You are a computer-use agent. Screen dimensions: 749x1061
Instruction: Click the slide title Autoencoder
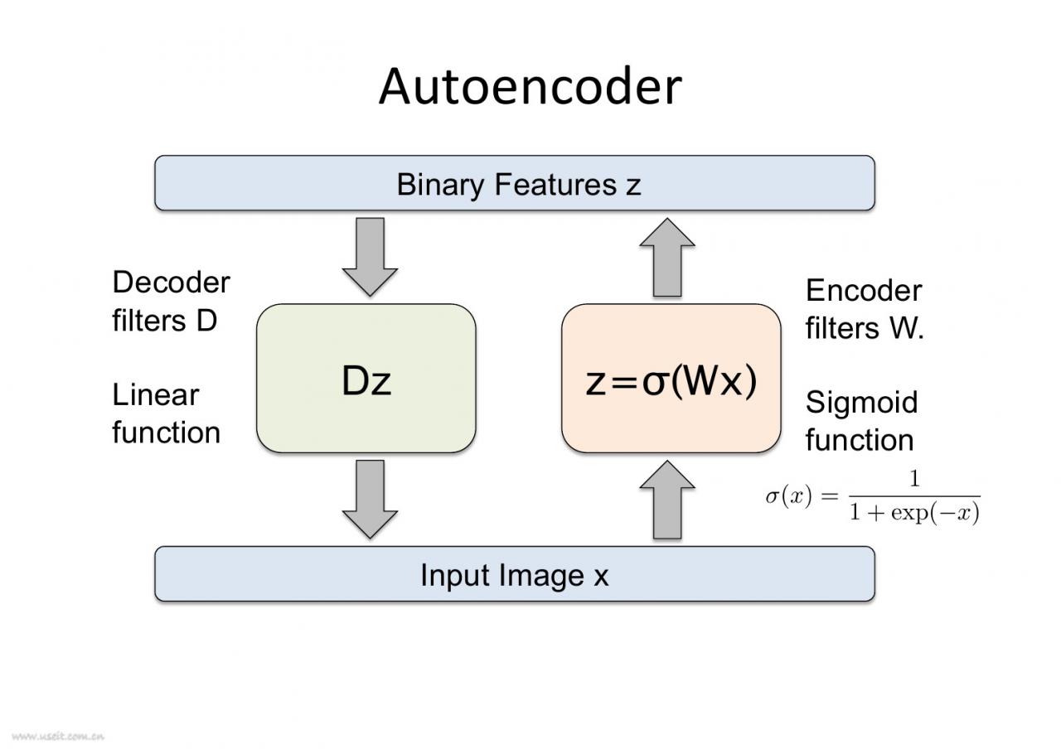(x=530, y=86)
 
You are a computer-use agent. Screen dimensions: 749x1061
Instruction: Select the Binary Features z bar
(x=514, y=183)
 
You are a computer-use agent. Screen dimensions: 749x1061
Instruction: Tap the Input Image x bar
(x=514, y=574)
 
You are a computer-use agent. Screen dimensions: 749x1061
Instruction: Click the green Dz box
(x=366, y=379)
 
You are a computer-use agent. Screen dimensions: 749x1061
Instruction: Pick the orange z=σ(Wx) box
(x=671, y=379)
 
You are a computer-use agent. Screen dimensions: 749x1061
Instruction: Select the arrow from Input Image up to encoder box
(x=667, y=500)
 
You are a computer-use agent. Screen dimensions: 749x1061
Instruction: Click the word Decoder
(x=171, y=283)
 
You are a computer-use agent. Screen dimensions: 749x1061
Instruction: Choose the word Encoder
(x=863, y=291)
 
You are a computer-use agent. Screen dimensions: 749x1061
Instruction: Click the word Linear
(x=155, y=395)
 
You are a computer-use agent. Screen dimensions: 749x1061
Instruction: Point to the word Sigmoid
(x=861, y=403)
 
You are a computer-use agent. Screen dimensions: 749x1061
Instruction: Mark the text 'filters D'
(x=164, y=321)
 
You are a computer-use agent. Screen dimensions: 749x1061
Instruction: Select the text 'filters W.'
(x=864, y=329)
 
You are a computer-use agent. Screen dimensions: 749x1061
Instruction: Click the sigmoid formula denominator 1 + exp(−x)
(x=913, y=514)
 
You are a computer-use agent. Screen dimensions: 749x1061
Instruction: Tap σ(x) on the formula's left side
(x=788, y=497)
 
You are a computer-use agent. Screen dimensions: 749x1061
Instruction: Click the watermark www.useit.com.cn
(x=57, y=735)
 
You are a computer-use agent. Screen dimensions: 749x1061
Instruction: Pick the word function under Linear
(x=166, y=432)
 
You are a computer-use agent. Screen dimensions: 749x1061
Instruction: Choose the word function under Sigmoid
(x=859, y=440)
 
